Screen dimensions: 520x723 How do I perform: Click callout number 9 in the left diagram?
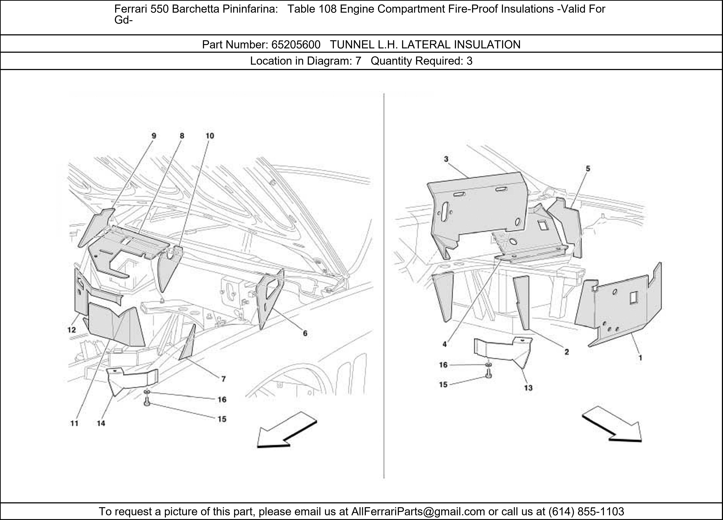[x=154, y=136]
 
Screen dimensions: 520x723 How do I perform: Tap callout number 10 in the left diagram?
[x=209, y=136]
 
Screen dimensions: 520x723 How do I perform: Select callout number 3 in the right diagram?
[x=446, y=159]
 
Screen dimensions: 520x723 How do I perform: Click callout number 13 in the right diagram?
[x=528, y=388]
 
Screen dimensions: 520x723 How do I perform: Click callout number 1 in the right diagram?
[x=640, y=358]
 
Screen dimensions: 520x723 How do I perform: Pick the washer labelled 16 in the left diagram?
[x=147, y=391]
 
